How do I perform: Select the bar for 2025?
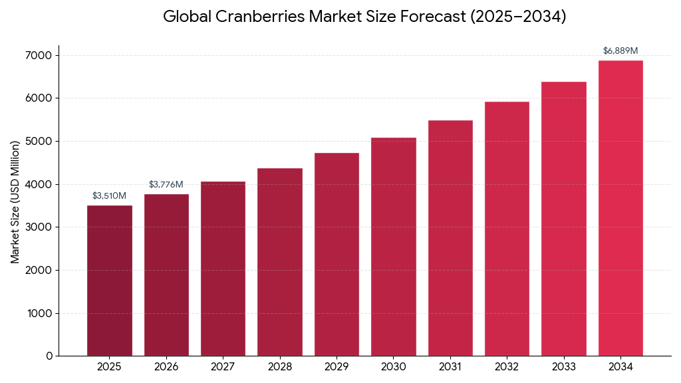tap(109, 281)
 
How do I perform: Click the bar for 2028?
tap(279, 262)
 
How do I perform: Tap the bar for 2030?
tap(393, 247)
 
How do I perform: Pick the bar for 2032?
tap(507, 229)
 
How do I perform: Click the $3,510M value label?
tap(109, 195)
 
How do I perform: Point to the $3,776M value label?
tap(166, 184)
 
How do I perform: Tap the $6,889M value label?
tap(620, 51)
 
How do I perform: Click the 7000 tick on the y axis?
tap(40, 55)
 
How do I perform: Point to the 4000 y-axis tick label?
tap(40, 184)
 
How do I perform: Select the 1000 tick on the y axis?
tap(40, 313)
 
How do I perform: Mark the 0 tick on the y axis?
tap(49, 356)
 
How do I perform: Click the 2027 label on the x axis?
tap(223, 366)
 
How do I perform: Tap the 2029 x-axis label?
tap(337, 366)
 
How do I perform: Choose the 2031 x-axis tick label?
tap(450, 366)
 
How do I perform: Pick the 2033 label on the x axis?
tap(564, 366)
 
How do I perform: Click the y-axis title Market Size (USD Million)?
tap(15, 201)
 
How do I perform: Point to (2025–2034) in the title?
tap(518, 17)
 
